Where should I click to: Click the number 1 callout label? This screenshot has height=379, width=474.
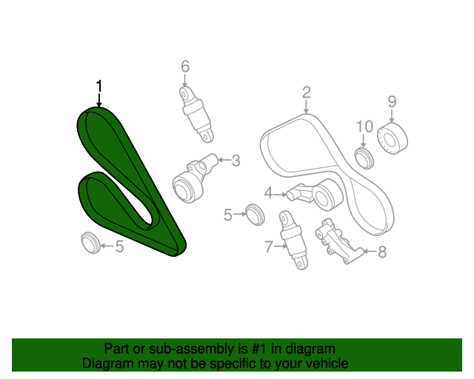pos(99,86)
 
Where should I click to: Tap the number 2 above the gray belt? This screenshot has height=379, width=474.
pos(307,93)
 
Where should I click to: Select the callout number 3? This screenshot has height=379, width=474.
pos(236,161)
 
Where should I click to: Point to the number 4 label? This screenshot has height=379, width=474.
pos(268,193)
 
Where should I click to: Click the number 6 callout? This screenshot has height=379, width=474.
pos(185,66)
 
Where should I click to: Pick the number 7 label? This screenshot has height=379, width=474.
pos(269,247)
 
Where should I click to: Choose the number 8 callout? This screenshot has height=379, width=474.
pos(382,252)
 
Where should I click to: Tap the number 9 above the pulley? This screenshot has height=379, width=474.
pos(392,102)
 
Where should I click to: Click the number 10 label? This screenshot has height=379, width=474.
pos(365,127)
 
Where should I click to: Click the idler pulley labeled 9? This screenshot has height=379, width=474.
pos(393,138)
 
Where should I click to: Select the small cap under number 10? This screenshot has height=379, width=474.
pos(364,158)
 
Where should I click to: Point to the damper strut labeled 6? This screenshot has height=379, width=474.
pos(196,114)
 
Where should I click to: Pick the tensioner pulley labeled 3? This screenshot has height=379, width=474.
pos(193,179)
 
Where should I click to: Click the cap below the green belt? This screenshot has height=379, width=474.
pos(90,243)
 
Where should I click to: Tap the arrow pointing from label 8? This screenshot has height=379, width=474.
pos(370,251)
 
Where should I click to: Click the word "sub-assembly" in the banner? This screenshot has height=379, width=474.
pos(192,349)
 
